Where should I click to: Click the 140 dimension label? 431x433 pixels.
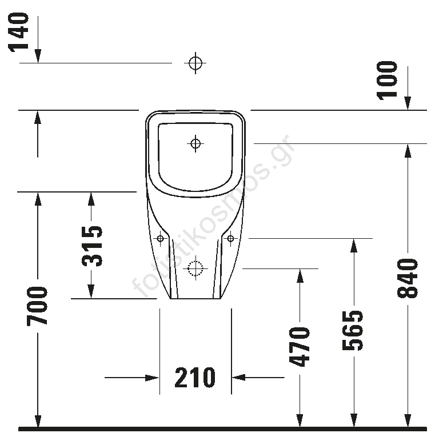(x=19, y=32)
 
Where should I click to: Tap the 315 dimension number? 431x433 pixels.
(x=91, y=246)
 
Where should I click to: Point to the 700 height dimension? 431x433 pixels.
(x=37, y=306)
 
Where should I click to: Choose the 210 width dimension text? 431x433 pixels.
(x=195, y=378)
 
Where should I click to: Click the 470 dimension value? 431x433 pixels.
(x=299, y=347)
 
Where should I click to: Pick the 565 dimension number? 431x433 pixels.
(x=352, y=330)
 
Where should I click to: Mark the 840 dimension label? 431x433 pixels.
(x=407, y=278)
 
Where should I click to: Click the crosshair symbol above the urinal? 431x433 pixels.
(x=195, y=63)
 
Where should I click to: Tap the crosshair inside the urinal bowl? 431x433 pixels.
(x=195, y=143)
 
